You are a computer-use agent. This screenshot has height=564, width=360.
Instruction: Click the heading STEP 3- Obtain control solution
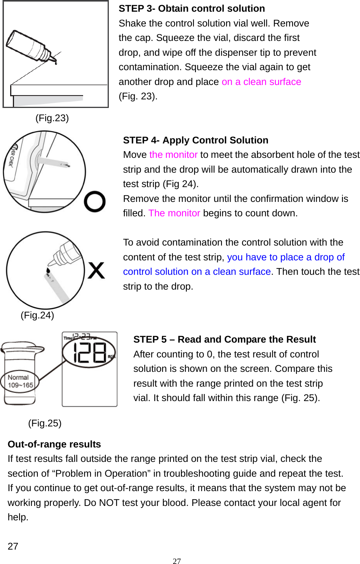(x=192, y=9)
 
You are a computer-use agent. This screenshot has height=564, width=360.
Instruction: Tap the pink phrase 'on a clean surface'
(x=261, y=82)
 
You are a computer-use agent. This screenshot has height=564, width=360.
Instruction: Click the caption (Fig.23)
(x=52, y=118)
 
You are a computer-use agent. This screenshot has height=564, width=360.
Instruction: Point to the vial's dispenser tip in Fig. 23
(x=53, y=60)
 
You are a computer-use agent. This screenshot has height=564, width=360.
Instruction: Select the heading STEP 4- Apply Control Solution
(x=195, y=140)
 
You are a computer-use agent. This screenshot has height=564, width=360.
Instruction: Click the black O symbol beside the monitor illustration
(x=95, y=202)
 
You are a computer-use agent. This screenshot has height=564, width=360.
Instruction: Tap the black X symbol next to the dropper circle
(x=96, y=270)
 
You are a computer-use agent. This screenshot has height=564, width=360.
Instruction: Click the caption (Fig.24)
(x=37, y=315)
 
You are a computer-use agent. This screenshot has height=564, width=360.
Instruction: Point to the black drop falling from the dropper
(x=48, y=270)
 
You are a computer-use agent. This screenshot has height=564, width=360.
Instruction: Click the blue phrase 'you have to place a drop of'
(x=286, y=257)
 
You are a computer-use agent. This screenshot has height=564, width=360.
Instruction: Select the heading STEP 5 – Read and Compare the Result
(x=224, y=339)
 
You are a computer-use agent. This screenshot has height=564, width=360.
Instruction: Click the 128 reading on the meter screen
(x=90, y=353)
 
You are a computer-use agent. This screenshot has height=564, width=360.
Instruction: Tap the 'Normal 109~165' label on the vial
(x=20, y=381)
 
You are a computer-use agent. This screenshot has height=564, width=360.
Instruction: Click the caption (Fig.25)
(x=44, y=423)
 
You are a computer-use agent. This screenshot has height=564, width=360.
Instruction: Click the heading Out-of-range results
(x=54, y=444)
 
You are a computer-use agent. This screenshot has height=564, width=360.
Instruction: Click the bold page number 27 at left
(x=13, y=546)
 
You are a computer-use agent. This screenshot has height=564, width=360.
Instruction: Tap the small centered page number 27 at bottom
(x=177, y=561)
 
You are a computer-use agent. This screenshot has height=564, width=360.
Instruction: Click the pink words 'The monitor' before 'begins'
(x=174, y=214)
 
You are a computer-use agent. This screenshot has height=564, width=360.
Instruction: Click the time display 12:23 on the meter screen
(x=82, y=337)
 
